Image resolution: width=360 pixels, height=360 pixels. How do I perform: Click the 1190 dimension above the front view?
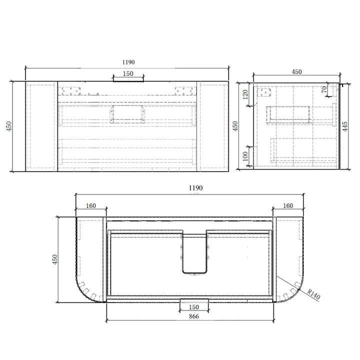click(x=128, y=62)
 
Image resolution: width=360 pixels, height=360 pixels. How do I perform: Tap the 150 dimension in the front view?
click(x=128, y=73)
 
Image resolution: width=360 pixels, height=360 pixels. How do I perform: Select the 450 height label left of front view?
click(x=8, y=126)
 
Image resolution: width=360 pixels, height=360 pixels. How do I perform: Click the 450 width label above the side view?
click(x=296, y=72)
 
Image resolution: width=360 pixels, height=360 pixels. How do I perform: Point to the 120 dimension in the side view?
click(x=245, y=94)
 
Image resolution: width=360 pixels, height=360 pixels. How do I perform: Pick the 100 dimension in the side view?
click(x=245, y=156)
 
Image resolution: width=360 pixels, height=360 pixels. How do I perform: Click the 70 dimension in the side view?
click(x=323, y=89)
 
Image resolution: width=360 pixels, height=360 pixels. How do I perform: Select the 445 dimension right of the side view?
click(x=345, y=126)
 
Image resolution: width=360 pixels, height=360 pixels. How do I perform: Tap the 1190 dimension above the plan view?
click(x=195, y=188)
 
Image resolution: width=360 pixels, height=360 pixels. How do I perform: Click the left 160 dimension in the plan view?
click(x=91, y=205)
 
